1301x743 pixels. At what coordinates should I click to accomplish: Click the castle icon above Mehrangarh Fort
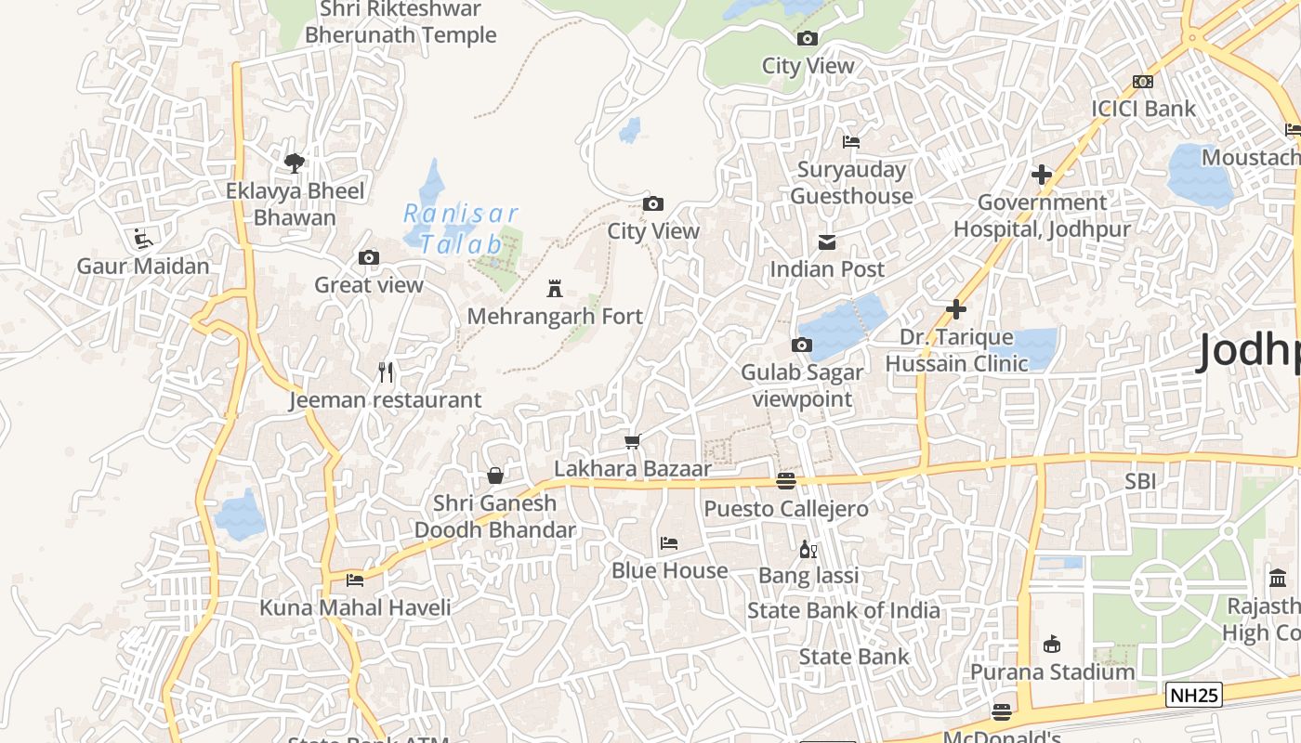click(555, 289)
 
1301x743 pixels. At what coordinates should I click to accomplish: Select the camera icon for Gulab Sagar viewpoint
click(801, 345)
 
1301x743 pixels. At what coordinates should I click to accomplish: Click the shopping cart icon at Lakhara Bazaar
click(633, 441)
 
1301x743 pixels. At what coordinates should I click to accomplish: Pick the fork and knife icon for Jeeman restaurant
click(387, 372)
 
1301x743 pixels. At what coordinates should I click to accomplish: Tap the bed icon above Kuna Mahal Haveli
click(355, 580)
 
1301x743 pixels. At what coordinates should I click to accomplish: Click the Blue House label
click(669, 570)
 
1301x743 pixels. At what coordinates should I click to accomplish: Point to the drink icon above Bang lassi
click(808, 549)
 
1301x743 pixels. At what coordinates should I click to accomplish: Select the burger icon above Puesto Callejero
click(786, 480)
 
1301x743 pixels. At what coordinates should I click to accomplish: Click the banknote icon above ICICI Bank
click(1143, 82)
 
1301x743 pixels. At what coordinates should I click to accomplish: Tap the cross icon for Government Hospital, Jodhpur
click(1042, 175)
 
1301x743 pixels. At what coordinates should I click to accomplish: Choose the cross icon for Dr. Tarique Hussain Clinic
click(956, 309)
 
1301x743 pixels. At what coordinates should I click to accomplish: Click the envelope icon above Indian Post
click(826, 242)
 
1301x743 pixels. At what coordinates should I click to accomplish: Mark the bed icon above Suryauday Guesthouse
click(851, 142)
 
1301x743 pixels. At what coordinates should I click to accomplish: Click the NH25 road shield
click(1194, 695)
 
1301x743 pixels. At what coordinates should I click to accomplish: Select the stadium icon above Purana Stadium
click(1052, 644)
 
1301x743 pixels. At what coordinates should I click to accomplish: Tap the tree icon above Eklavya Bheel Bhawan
click(295, 163)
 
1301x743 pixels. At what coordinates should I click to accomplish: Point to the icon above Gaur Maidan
click(142, 240)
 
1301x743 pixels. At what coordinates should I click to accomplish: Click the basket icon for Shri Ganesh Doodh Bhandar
click(495, 476)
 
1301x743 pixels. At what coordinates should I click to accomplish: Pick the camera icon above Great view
click(368, 258)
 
